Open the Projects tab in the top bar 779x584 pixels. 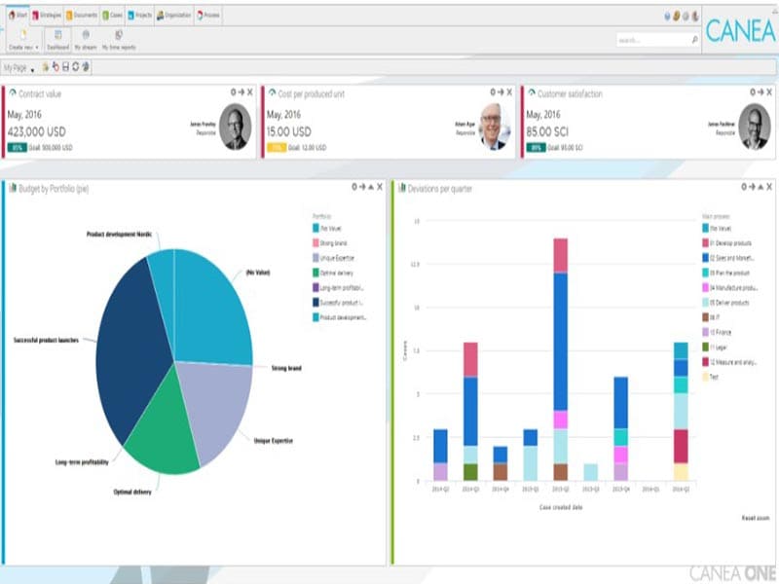pyautogui.click(x=140, y=17)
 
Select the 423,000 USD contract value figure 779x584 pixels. pyautogui.click(x=37, y=131)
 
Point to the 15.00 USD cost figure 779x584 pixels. pyautogui.click(x=288, y=131)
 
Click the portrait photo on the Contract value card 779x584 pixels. pyautogui.click(x=234, y=128)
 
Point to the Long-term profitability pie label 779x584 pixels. pyautogui.click(x=82, y=460)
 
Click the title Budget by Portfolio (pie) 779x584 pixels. pyautogui.click(x=55, y=188)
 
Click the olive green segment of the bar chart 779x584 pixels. pyautogui.click(x=470, y=471)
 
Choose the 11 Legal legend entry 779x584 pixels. pyautogui.click(x=722, y=347)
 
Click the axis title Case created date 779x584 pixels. pyautogui.click(x=560, y=506)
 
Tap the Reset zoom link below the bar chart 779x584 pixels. pyautogui.click(x=756, y=518)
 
